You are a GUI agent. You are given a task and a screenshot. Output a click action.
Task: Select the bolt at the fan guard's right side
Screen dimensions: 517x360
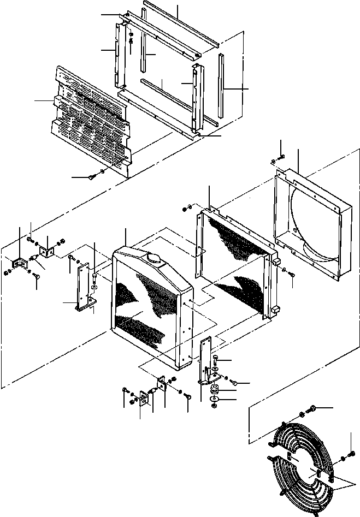[342, 457]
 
